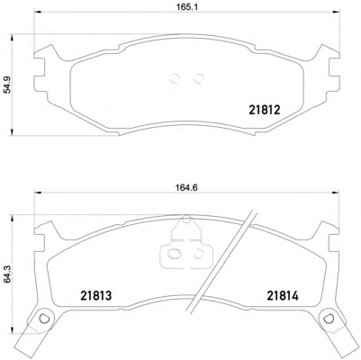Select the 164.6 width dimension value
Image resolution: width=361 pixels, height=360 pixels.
point(186,188)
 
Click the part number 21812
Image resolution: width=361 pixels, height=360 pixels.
point(265,110)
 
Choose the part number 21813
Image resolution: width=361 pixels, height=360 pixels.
point(96,295)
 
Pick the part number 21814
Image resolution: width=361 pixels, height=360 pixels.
point(283,296)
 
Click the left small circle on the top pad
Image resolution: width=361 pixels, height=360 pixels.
point(175,79)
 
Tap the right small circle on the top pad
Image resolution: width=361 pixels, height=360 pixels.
point(198,79)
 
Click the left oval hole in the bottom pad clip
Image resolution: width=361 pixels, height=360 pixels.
point(174,254)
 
